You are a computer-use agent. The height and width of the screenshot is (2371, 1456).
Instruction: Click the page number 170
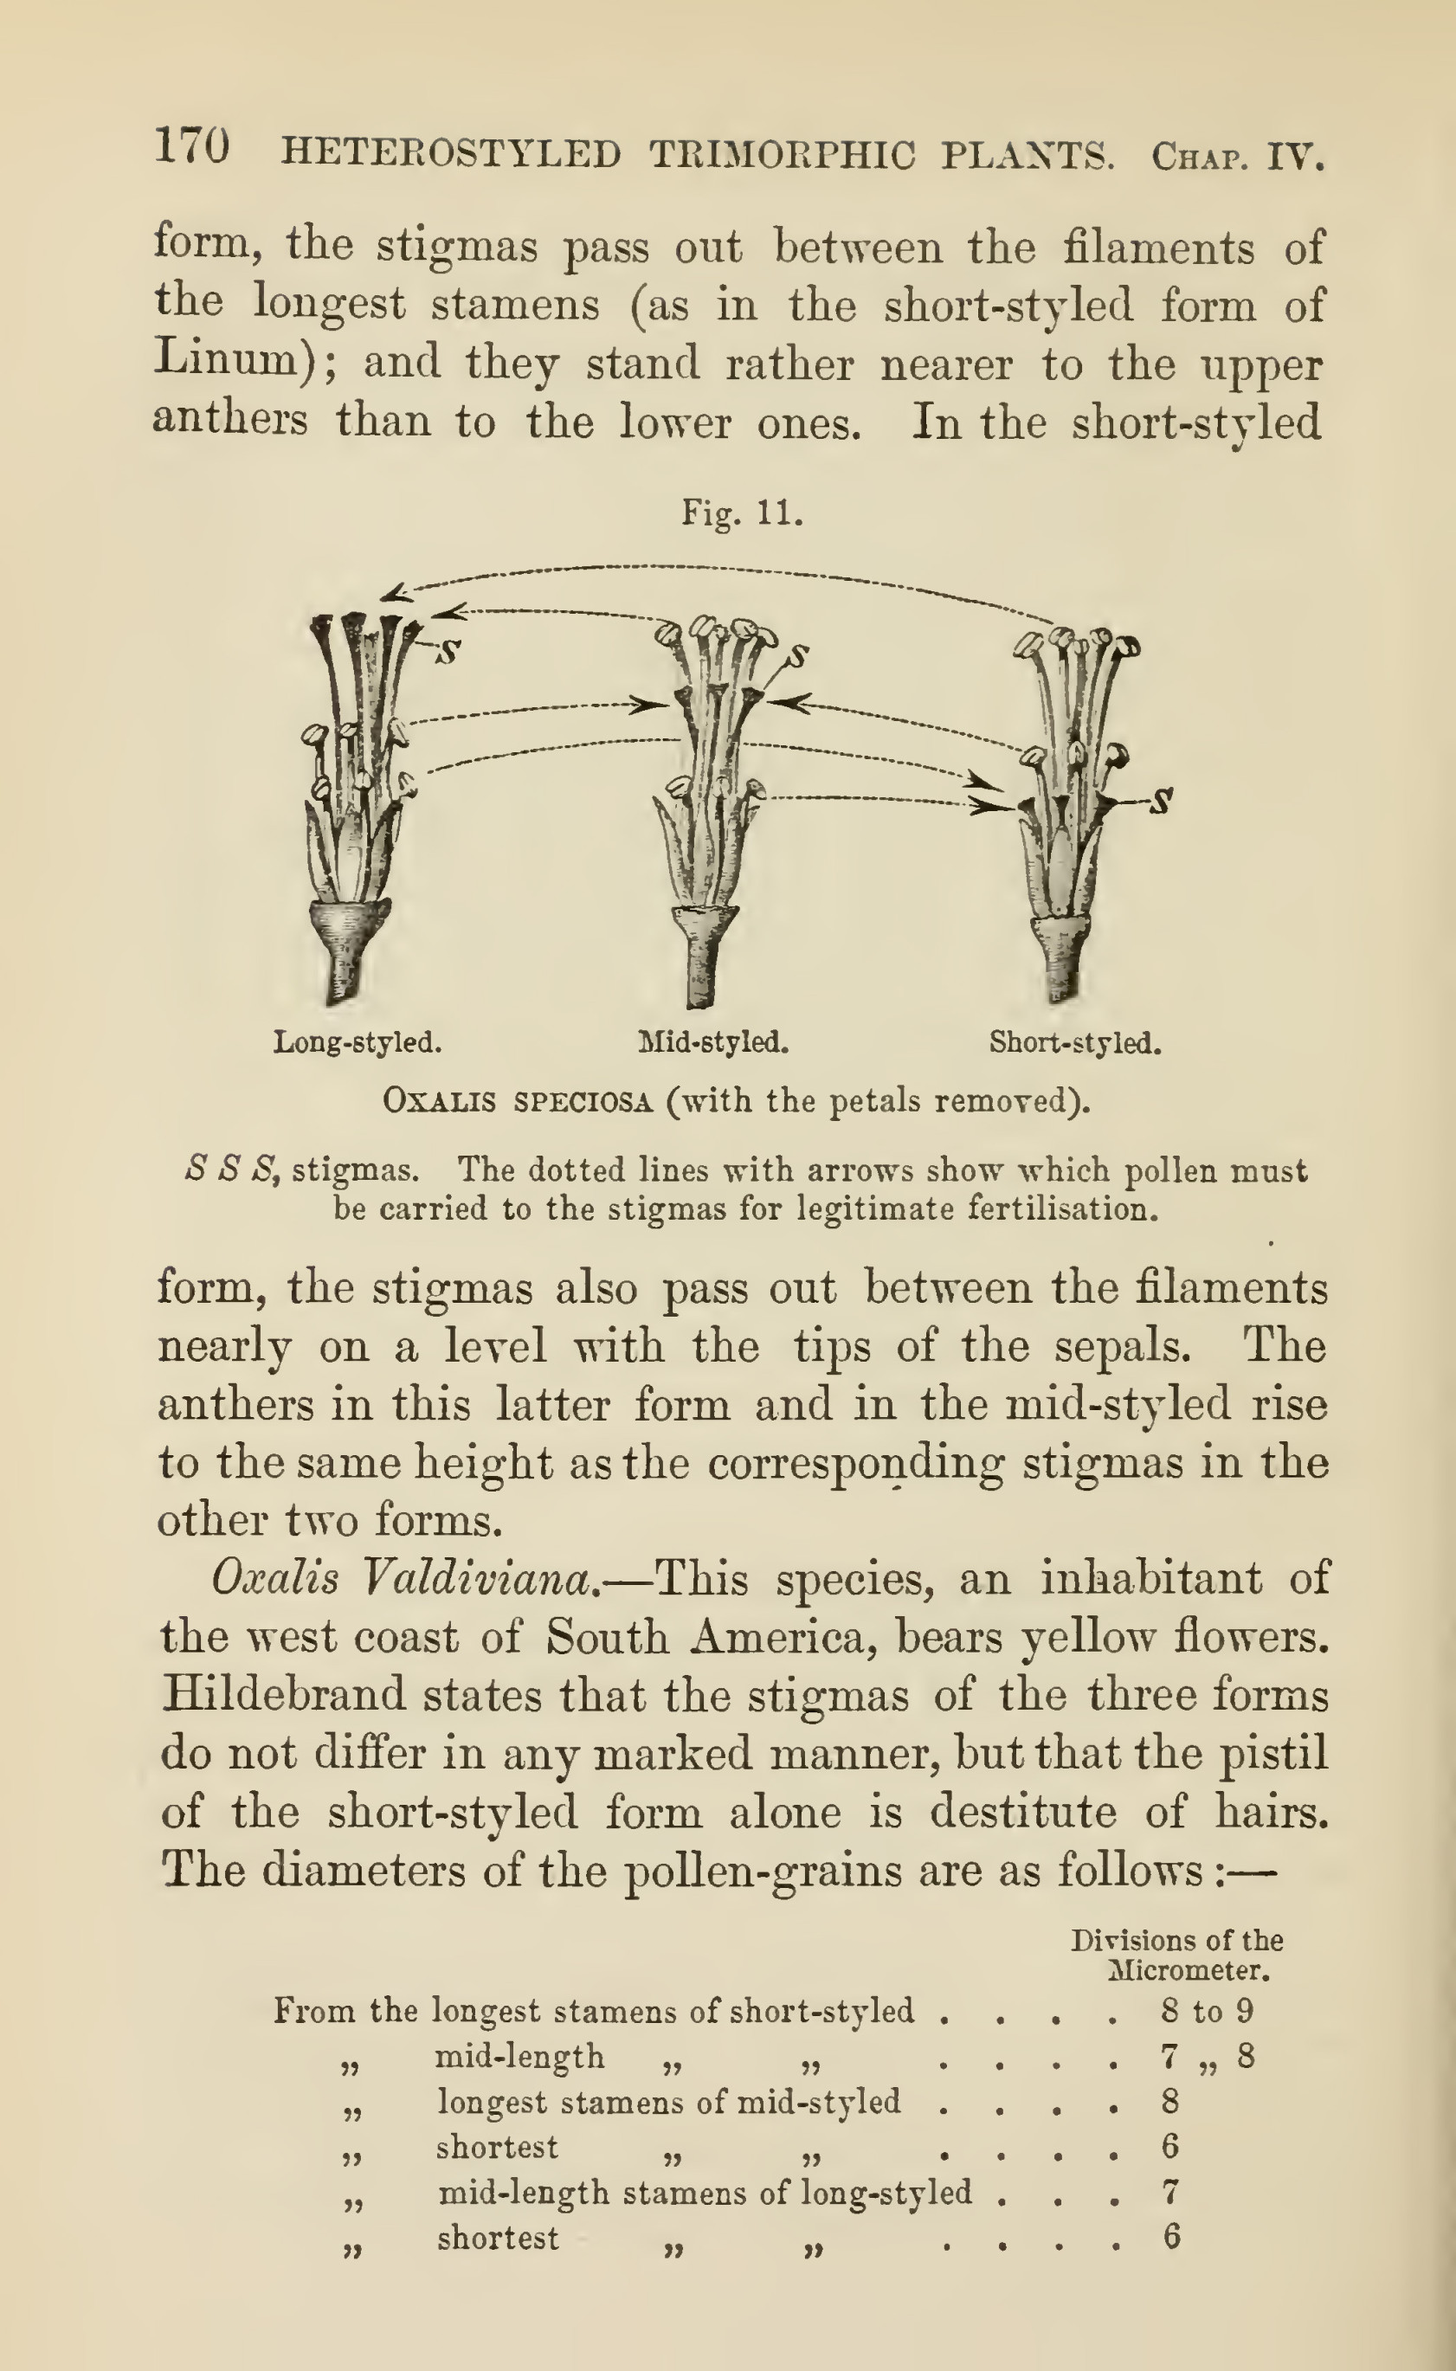pyautogui.click(x=191, y=148)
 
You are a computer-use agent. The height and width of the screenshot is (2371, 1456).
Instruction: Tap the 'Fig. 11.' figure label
pyautogui.click(x=742, y=512)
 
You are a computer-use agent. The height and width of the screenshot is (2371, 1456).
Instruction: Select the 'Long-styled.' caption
pyautogui.click(x=358, y=1042)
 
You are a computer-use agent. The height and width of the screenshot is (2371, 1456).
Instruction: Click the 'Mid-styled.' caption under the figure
pyautogui.click(x=713, y=1042)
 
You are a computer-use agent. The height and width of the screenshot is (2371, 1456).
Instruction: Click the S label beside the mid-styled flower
pyautogui.click(x=798, y=656)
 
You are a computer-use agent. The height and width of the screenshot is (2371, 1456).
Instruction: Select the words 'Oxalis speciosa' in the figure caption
pyautogui.click(x=517, y=1101)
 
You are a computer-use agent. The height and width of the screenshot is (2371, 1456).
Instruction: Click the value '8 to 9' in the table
pyautogui.click(x=1207, y=2012)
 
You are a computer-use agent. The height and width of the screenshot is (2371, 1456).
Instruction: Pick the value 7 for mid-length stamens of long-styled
pyautogui.click(x=1170, y=2193)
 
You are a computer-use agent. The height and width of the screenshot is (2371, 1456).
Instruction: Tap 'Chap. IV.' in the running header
pyautogui.click(x=1236, y=156)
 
